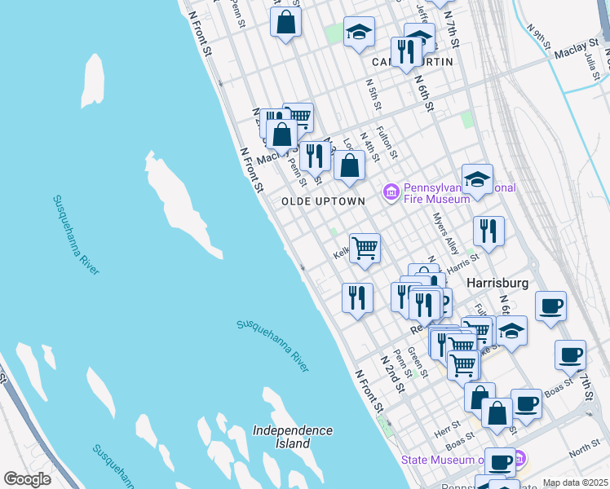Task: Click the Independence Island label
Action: click(293, 437)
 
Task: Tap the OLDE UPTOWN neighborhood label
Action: click(323, 201)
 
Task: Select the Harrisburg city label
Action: click(497, 283)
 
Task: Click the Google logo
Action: click(28, 479)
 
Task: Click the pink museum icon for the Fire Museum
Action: click(391, 192)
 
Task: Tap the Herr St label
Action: click(449, 426)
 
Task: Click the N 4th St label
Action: click(371, 148)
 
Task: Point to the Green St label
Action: click(417, 359)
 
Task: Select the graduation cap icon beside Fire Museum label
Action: click(477, 179)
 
